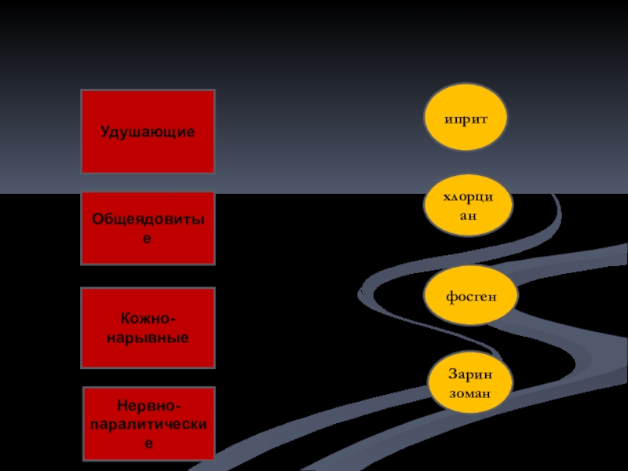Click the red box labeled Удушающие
click(148, 131)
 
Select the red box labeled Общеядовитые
click(148, 228)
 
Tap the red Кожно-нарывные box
click(148, 328)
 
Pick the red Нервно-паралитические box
click(148, 423)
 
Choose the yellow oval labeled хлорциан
click(468, 206)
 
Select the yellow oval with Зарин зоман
click(470, 383)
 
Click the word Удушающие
click(148, 131)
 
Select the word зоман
click(470, 391)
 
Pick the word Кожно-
click(148, 319)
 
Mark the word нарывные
click(148, 338)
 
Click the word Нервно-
click(148, 406)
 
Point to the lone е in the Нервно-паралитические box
click(148, 442)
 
